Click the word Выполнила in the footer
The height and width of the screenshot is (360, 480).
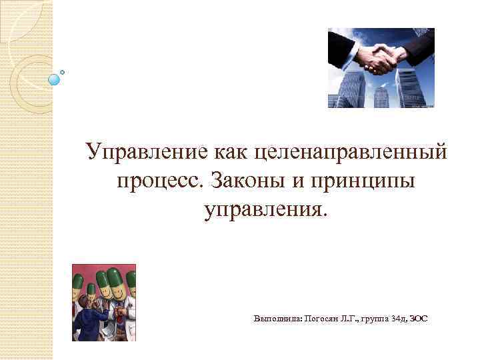[277, 319]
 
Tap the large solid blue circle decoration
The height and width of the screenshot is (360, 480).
[54, 79]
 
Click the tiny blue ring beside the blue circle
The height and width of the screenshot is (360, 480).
[63, 71]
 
